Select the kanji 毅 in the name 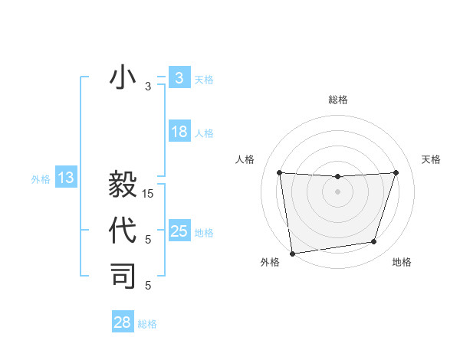tap(123, 186)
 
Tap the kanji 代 tap(123, 231)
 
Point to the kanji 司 tap(123, 277)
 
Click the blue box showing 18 tap(179, 132)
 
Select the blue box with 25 tap(179, 231)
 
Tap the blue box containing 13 tap(66, 178)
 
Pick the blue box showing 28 tap(123, 322)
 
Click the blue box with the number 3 tap(179, 77)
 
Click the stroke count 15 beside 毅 tap(148, 194)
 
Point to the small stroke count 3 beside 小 tap(148, 87)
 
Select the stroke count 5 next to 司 tap(148, 286)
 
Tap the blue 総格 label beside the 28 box tap(147, 324)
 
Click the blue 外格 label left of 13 tap(41, 179)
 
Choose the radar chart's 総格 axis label tap(337, 100)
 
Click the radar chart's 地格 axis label tap(402, 262)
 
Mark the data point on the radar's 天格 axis tap(396, 172)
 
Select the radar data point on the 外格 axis tap(292, 253)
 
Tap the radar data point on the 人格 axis tap(279, 172)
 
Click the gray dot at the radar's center tap(337, 191)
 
